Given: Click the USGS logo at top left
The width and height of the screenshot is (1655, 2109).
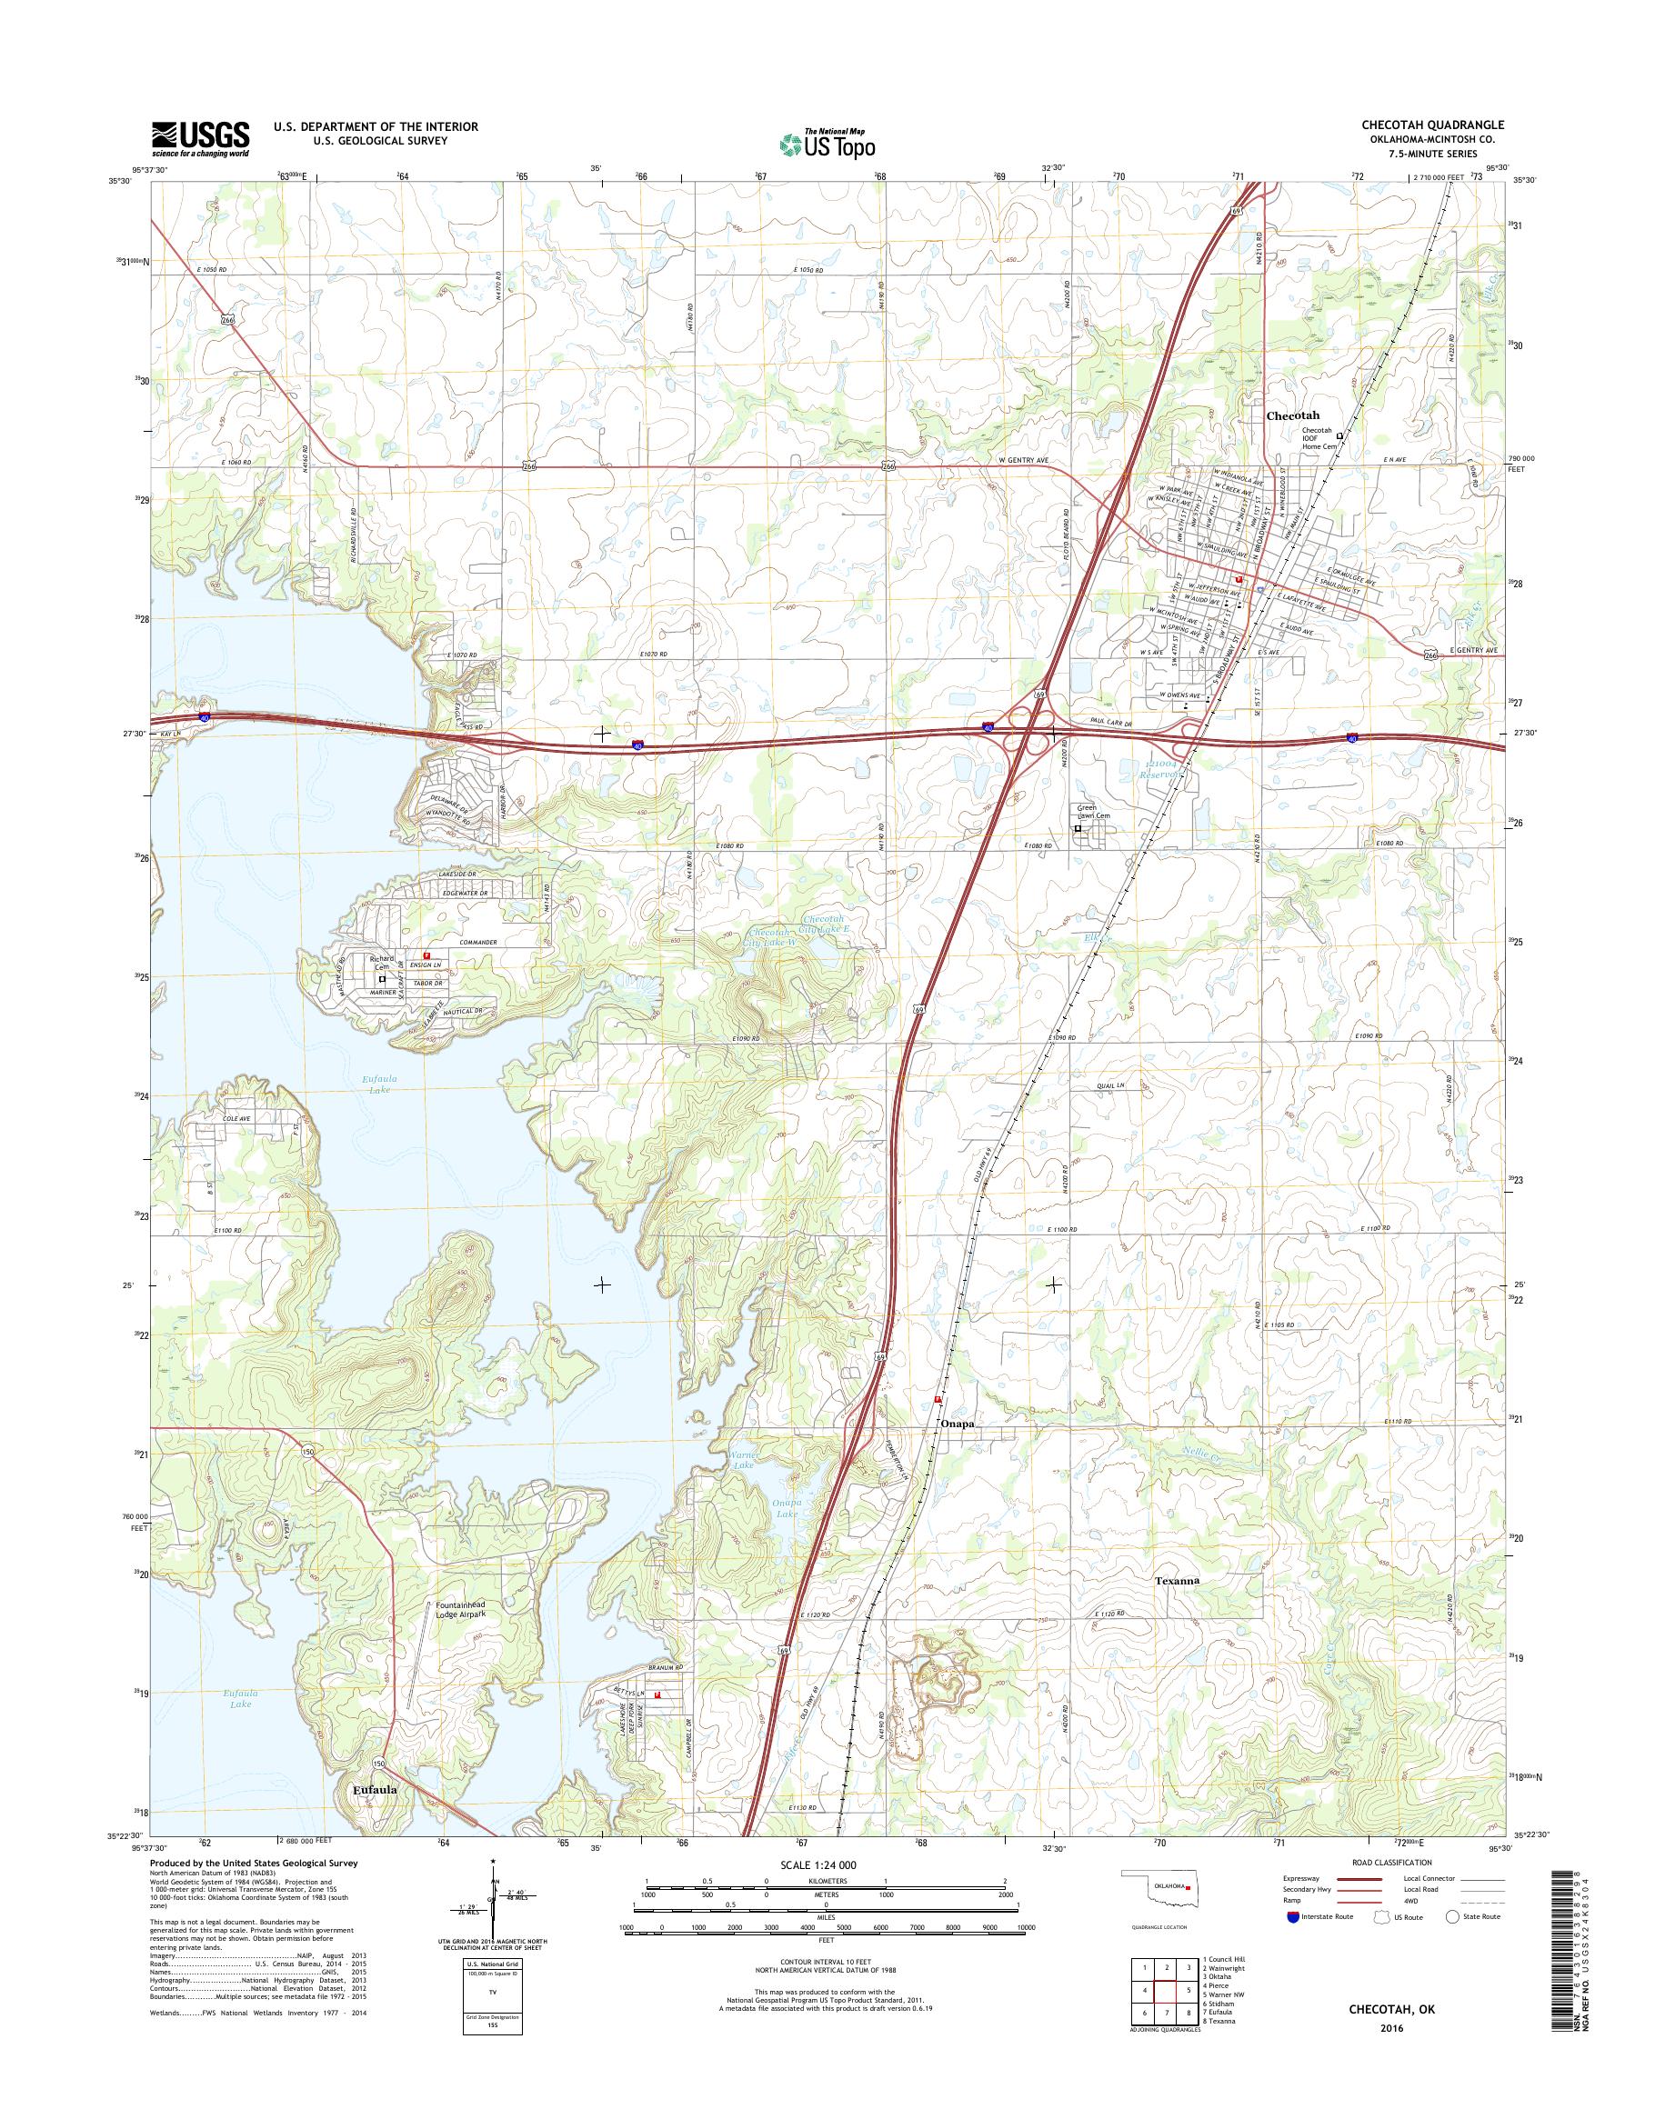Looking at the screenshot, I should (200, 138).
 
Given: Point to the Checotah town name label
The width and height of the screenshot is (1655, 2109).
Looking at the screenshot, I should (1292, 415).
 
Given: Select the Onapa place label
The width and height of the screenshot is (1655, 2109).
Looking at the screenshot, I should (956, 1425).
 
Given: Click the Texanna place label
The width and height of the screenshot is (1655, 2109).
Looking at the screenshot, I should (1178, 1580).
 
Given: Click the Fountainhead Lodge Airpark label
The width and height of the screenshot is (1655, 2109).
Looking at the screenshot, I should (459, 1610).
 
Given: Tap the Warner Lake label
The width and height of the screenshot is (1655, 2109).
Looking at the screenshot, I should (744, 1460).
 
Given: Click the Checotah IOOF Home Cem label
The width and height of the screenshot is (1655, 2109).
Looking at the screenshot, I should (1317, 438).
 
